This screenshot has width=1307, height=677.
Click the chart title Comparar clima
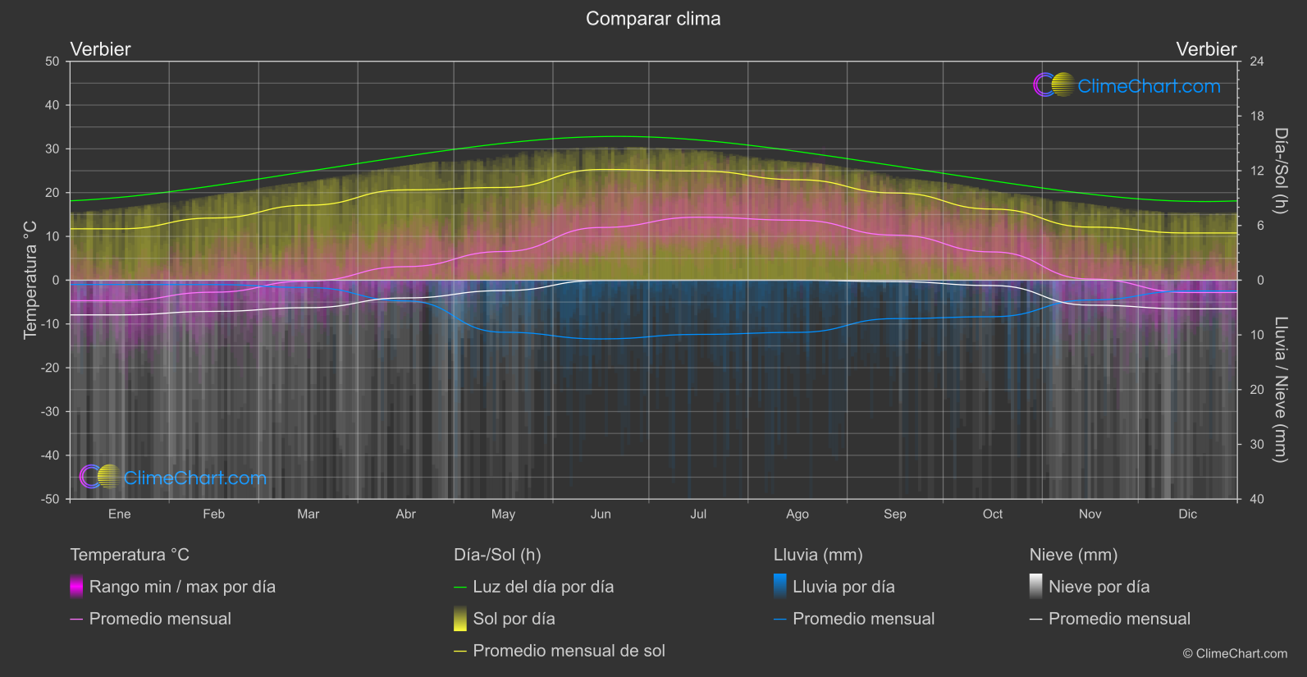pos(653,19)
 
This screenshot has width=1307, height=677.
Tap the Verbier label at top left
pos(100,49)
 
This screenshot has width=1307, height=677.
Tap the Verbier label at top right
pos(1206,49)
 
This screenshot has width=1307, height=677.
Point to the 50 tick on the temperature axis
pos(53,62)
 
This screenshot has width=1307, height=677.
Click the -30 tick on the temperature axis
pos(50,412)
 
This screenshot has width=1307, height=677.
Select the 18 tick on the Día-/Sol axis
pos(1257,117)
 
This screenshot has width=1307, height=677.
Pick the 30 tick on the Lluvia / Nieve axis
pos(1257,445)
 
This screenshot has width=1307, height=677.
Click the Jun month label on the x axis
pos(601,515)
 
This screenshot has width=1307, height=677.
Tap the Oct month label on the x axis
pos(993,515)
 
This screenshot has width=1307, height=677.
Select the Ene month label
pos(120,515)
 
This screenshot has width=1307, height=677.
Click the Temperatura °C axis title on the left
pos(30,280)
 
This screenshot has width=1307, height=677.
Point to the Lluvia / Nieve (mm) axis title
pos(1280,390)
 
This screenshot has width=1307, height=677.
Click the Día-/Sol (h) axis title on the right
pos(1280,171)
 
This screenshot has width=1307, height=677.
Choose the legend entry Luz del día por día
pos(543,587)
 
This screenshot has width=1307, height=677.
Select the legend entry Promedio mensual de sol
pos(569,651)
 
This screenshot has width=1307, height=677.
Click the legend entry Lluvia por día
pos(843,587)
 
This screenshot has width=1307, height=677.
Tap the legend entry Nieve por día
pos(1099,587)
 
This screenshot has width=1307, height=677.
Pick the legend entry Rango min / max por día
pos(182,587)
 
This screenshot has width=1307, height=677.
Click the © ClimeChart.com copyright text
pos(1235,654)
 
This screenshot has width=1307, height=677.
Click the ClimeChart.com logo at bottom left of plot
pos(174,478)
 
